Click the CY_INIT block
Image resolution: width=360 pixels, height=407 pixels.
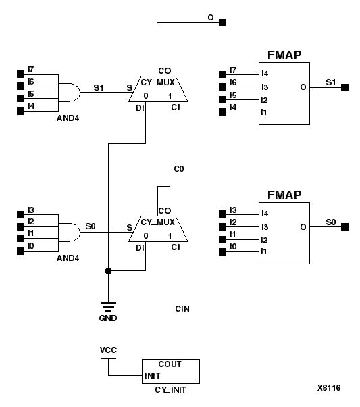[170, 370]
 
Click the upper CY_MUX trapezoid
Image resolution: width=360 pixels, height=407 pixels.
[158, 88]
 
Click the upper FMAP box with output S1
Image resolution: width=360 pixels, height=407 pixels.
[284, 93]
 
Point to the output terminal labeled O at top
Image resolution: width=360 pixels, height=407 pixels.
[223, 22]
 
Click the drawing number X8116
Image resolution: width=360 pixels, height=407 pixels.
[329, 388]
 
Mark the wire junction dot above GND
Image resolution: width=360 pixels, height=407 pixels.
[108, 270]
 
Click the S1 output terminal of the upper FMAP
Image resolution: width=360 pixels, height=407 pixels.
[344, 87]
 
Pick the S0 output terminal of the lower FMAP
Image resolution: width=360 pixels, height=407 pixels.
[344, 225]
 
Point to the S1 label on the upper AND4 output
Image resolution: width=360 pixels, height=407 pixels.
[99, 87]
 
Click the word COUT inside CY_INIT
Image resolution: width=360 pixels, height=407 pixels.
[170, 364]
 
